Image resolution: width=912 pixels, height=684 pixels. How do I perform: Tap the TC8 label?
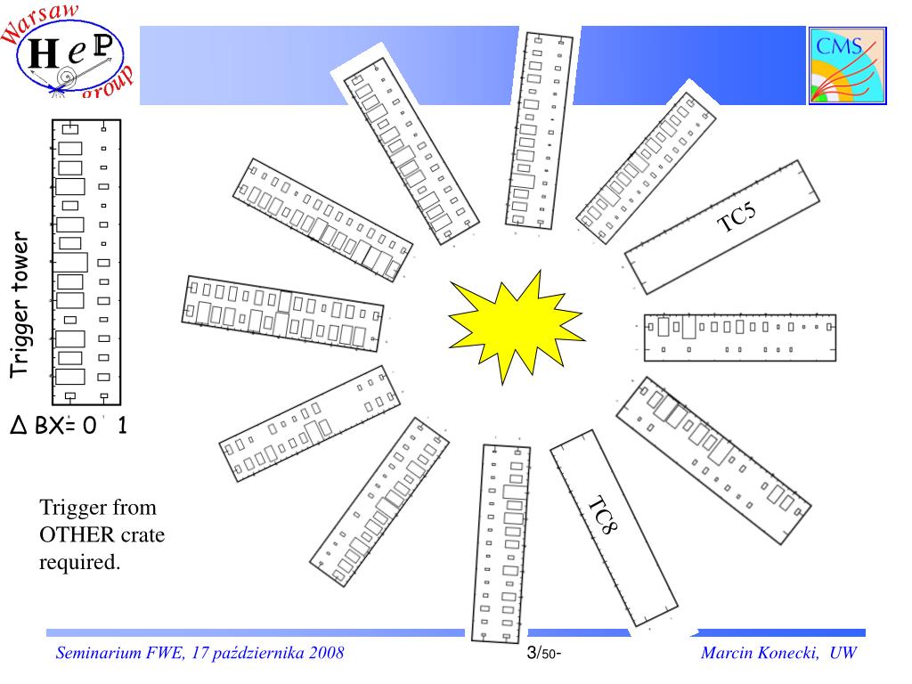pos(603,515)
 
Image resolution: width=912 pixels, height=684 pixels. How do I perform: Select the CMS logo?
pos(848,66)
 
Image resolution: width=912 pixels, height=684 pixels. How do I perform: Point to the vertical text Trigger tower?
pos(20,305)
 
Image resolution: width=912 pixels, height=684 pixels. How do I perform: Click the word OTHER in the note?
pos(77,534)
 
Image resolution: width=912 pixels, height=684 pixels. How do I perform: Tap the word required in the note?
pos(79,563)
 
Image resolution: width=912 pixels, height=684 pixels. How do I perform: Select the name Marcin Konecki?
pos(760,653)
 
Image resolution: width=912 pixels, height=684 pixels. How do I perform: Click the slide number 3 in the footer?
pos(532,653)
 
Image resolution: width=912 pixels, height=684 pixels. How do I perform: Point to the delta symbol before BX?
pos(19,426)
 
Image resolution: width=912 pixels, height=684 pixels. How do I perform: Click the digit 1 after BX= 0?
pos(121,425)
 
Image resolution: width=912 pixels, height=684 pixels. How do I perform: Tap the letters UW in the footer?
pos(843,653)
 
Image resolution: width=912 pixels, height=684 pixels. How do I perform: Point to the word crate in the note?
pos(142,535)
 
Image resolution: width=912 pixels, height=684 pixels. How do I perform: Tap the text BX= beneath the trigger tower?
pos(55,426)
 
